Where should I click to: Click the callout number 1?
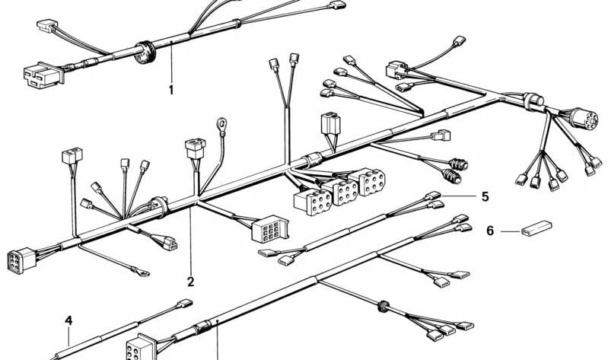click(x=171, y=90)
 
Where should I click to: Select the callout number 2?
click(x=190, y=282)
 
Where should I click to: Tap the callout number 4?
click(x=68, y=320)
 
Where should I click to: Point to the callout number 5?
click(x=485, y=196)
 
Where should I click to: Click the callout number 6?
click(x=490, y=231)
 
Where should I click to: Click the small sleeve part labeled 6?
click(x=536, y=228)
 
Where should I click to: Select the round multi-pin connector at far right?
click(x=584, y=118)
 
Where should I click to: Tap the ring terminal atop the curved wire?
click(x=222, y=124)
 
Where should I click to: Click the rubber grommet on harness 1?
click(x=145, y=52)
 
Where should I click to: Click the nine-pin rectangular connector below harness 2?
click(x=270, y=229)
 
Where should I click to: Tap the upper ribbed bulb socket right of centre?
click(x=459, y=164)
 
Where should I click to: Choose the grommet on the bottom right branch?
click(x=384, y=306)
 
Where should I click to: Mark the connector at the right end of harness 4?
click(x=185, y=304)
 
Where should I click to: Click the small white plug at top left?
click(x=47, y=26)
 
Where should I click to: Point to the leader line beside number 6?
click(x=510, y=231)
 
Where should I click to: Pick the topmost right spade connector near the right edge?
click(x=459, y=41)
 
